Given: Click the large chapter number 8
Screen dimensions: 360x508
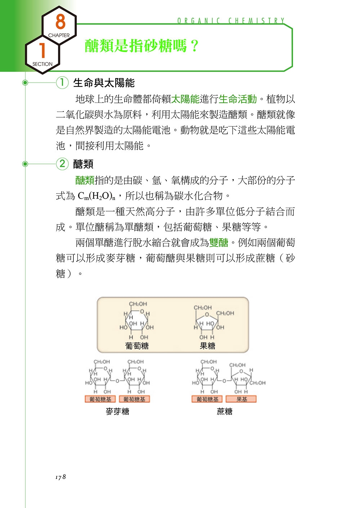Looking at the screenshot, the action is coord(60,21).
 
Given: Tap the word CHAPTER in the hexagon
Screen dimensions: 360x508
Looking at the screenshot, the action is coord(59,35).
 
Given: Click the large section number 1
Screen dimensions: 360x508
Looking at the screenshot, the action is coord(42,50).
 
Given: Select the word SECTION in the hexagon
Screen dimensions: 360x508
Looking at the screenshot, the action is coord(42,64).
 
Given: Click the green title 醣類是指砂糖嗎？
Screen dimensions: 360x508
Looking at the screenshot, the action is coord(142,46).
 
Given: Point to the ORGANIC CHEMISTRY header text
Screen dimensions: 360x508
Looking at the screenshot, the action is coord(231,21).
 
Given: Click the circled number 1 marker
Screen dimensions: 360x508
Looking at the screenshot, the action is coord(62,83).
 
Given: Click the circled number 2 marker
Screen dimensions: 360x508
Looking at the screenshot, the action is coord(62,164).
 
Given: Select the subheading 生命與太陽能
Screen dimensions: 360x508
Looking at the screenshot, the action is coord(104,83).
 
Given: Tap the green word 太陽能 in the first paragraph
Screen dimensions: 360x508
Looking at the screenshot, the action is coord(185,99).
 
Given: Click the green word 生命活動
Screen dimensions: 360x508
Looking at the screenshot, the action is coord(238,99).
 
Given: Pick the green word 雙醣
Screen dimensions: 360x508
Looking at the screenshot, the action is coord(219,242).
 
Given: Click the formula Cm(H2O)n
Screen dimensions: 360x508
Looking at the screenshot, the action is coord(96,196).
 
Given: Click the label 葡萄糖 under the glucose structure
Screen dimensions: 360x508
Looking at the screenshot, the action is coord(137,346).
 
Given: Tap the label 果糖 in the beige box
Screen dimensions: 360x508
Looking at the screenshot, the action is coord(207,346).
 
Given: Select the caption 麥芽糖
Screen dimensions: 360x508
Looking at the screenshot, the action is coord(117,411).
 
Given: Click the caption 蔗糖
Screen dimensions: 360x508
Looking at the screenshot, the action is coord(224,411).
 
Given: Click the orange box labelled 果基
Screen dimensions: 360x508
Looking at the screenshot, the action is coord(241,399).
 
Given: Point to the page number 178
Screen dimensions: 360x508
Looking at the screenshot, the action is coord(60,477).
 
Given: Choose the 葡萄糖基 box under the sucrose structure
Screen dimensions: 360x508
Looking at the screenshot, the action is coord(207,399).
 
